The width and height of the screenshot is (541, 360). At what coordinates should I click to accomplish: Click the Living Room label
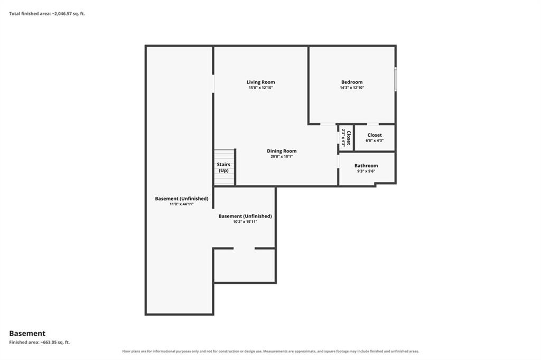click(260, 82)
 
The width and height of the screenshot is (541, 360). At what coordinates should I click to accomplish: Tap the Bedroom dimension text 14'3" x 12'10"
click(352, 88)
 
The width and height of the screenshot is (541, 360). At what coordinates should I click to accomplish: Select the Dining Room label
click(282, 151)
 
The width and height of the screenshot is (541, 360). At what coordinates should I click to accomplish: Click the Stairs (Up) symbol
click(224, 167)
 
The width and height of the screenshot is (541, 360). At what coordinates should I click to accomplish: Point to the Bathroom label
click(366, 166)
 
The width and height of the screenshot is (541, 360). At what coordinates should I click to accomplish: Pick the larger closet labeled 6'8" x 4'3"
click(375, 138)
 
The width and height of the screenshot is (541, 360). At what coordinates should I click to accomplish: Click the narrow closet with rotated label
click(346, 138)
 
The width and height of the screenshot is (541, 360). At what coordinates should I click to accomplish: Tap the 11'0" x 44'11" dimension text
click(182, 204)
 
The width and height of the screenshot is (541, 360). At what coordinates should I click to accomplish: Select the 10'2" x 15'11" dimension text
click(245, 222)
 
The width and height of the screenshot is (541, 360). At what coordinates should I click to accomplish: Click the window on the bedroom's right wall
click(395, 79)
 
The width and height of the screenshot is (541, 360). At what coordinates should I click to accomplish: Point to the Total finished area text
click(47, 14)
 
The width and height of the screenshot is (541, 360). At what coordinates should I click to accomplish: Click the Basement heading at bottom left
click(27, 334)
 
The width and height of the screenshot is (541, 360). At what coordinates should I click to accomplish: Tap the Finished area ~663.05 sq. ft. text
click(39, 343)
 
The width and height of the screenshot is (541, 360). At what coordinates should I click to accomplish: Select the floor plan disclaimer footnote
click(270, 352)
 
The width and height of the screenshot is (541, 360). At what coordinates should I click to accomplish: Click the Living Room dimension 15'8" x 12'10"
click(261, 88)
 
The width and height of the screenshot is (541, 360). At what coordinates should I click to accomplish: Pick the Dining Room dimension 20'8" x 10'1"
click(282, 157)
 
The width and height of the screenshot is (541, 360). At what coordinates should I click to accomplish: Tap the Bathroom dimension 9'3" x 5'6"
click(366, 171)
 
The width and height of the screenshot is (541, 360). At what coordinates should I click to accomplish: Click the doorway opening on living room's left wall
click(213, 84)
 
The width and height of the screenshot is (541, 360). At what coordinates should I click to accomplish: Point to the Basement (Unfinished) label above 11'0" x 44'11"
click(182, 198)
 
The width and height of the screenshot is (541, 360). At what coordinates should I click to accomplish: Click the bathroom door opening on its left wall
click(339, 162)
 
